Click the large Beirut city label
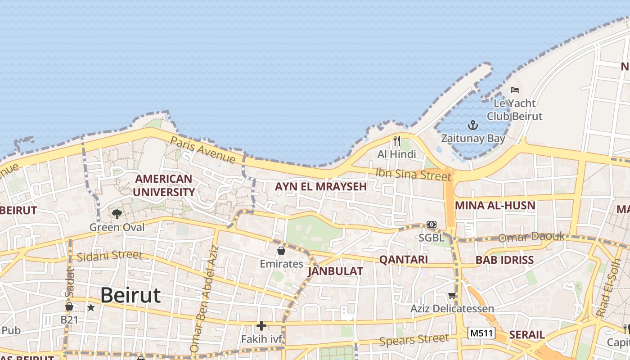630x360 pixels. [x=130, y=296]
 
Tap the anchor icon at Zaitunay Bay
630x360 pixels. [x=473, y=125]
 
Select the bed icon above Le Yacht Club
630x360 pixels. [x=515, y=90]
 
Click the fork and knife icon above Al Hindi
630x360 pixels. [x=396, y=141]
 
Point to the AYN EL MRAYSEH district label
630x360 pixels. [x=321, y=186]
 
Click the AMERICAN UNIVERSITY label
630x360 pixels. [x=164, y=185]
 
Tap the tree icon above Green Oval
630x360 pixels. [x=117, y=213]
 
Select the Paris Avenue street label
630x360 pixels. [x=203, y=149]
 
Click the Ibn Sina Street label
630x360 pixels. [x=413, y=173]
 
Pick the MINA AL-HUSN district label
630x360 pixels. [x=495, y=206]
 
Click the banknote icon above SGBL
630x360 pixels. [x=431, y=225]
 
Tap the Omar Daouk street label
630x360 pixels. [x=531, y=237]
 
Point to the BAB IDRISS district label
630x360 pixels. [x=504, y=260]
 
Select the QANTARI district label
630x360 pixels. [x=403, y=259]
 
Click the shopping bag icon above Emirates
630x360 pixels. [x=281, y=251]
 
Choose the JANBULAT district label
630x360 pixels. [x=335, y=271]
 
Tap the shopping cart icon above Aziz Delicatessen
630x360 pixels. [x=452, y=296]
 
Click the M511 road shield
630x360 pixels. [x=481, y=333]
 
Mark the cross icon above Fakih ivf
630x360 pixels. [x=261, y=325]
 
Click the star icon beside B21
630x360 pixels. [x=91, y=308]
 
